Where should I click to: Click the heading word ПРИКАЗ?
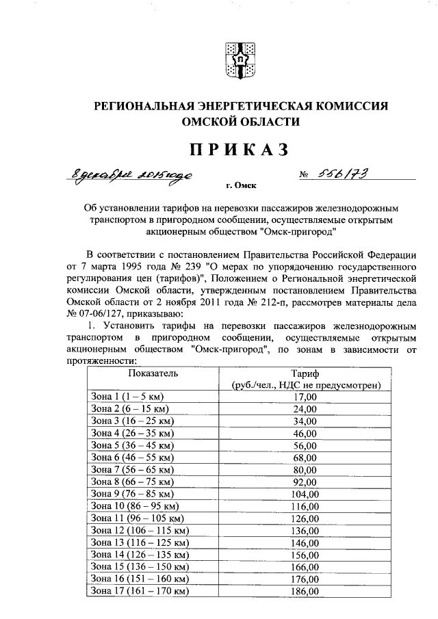pyautogui.click(x=241, y=148)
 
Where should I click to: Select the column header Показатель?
pyautogui.click(x=153, y=373)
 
